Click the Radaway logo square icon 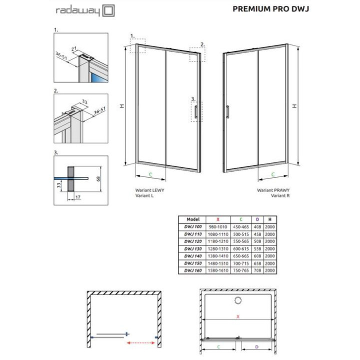pos(108,10)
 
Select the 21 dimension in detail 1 pos(74,48)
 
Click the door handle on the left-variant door pos(197,111)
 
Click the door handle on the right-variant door pos(227,111)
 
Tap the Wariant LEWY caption pos(149,190)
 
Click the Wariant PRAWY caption pos(273,190)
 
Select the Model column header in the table pos(192,219)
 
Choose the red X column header pos(217,219)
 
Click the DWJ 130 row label pos(192,248)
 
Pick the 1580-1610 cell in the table pos(217,270)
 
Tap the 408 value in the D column pos(256,226)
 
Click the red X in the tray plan pos(238,316)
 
